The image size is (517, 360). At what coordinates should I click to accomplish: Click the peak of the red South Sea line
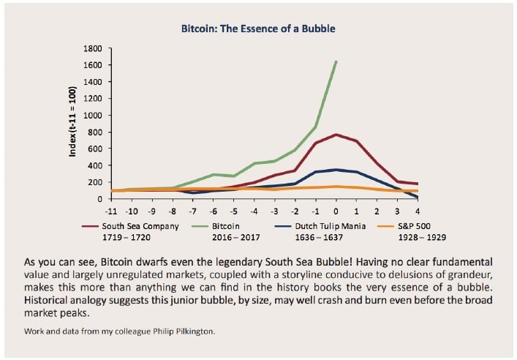click(336, 135)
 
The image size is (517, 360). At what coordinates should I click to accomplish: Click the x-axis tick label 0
click(336, 209)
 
